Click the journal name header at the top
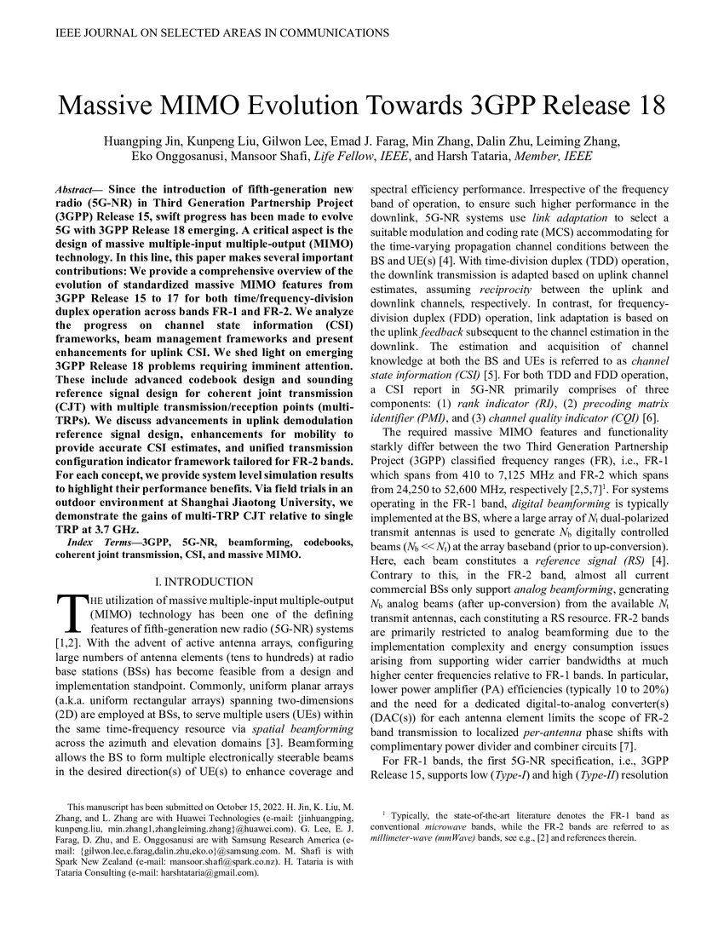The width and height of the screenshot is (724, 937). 222,33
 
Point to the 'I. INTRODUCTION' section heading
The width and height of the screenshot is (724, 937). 204,582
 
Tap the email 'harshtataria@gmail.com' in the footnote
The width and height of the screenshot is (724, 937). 193,873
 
